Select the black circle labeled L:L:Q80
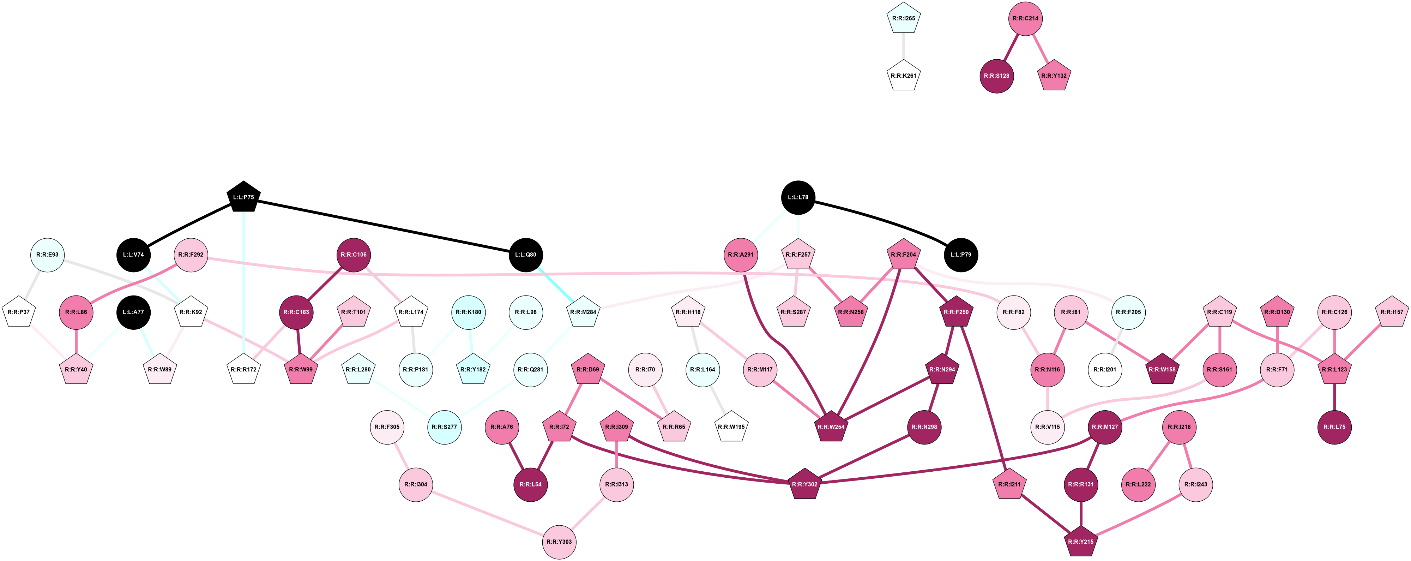point(526,255)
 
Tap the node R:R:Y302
point(804,484)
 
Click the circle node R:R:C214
point(1025,19)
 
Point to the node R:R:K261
point(903,76)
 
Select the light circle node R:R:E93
point(47,255)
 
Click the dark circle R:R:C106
point(353,255)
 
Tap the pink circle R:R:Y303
point(559,542)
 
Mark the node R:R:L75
point(1334,427)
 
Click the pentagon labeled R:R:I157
point(1392,312)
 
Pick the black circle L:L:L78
point(798,197)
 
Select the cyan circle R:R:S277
point(444,427)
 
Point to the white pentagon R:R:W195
point(731,427)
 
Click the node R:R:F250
point(957,312)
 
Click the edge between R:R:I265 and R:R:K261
point(903,47)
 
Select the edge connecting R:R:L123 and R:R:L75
point(1334,398)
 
